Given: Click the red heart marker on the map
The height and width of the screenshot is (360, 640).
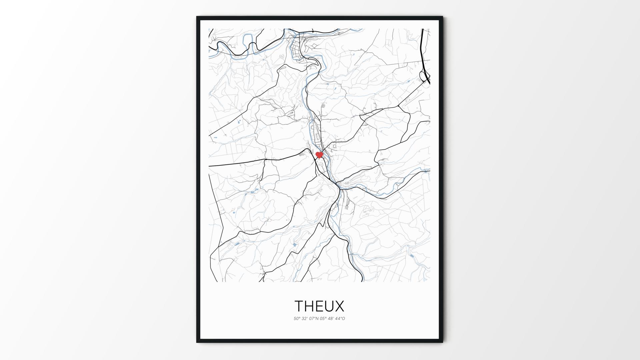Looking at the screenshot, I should [319, 155].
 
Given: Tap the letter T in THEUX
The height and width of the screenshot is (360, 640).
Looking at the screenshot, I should [299, 306].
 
